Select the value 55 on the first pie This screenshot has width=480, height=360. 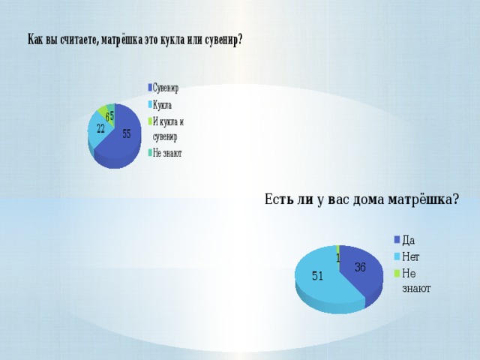(x=127, y=133)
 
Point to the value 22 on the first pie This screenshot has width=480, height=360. (x=100, y=129)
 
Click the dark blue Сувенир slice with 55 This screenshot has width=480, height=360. (x=122, y=141)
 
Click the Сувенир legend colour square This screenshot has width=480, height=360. (x=150, y=88)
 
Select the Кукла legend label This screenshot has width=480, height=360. (x=162, y=105)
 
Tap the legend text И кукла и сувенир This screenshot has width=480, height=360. (x=168, y=129)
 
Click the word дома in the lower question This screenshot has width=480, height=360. (x=368, y=200)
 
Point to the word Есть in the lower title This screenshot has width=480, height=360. (x=277, y=199)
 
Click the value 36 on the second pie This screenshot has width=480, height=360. (x=360, y=268)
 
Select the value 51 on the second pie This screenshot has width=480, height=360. (x=317, y=276)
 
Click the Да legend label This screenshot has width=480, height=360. (x=408, y=240)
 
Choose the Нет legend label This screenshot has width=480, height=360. (x=410, y=256)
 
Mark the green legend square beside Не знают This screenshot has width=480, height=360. (x=397, y=273)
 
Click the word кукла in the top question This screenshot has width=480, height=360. (x=172, y=40)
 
